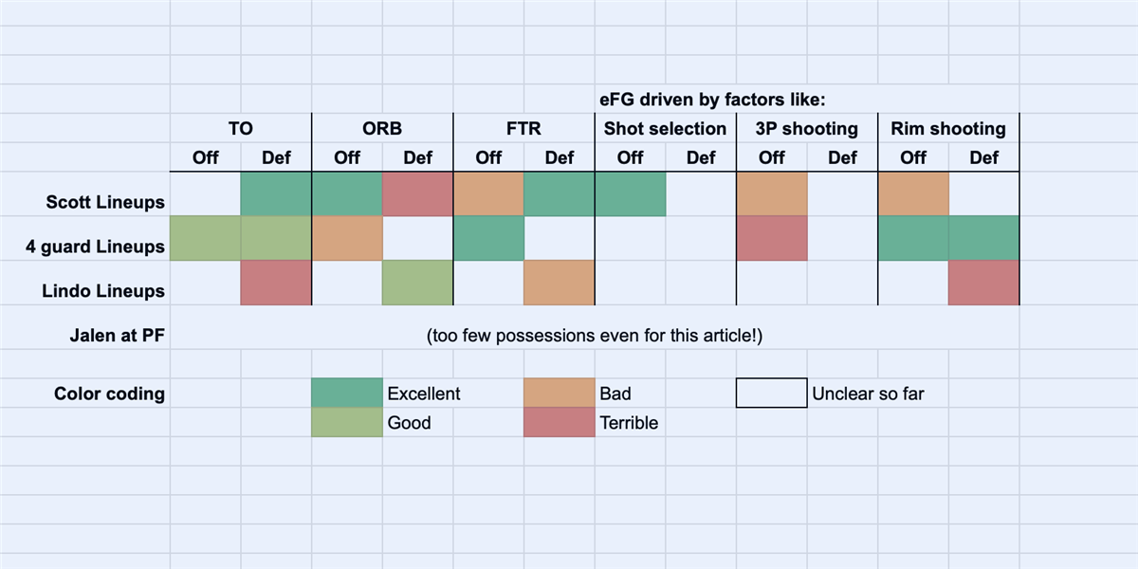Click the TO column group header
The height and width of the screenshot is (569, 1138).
click(x=241, y=129)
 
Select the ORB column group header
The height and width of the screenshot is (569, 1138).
click(x=382, y=129)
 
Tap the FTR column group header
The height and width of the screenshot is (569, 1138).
click(x=523, y=129)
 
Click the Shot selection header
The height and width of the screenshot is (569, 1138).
click(x=665, y=129)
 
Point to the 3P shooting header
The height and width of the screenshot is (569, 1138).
click(x=807, y=129)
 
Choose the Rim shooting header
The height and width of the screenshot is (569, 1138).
click(x=948, y=129)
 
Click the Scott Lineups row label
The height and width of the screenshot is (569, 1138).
click(x=105, y=202)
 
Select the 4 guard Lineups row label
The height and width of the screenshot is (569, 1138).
click(x=95, y=247)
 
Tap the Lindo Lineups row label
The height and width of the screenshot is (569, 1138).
click(x=103, y=291)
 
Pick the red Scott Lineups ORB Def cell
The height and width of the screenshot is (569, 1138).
click(x=417, y=194)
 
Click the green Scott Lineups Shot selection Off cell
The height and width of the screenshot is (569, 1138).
click(x=630, y=194)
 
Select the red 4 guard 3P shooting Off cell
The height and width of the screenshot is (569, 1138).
click(x=772, y=238)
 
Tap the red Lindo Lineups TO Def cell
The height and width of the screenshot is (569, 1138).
click(x=276, y=283)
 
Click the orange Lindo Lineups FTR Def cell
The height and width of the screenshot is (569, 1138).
click(x=560, y=283)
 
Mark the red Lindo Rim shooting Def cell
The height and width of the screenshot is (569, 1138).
click(x=984, y=283)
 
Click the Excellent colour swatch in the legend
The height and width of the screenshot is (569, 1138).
click(x=347, y=393)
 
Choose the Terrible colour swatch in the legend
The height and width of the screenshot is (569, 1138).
click(x=560, y=423)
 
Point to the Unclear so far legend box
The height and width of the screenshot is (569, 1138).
click(x=772, y=393)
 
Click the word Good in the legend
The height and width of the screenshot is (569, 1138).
click(x=409, y=423)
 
